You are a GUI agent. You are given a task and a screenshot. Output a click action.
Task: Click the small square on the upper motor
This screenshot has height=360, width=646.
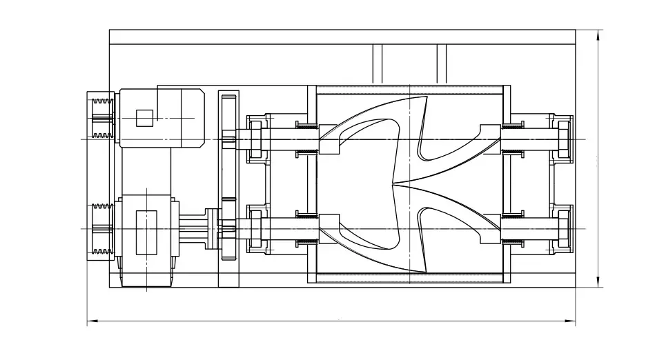(x=144, y=119)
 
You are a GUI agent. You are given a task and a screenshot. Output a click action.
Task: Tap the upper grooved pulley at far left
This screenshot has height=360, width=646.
(x=101, y=118)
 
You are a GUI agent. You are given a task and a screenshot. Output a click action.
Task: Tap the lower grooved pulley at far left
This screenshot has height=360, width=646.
(x=101, y=230)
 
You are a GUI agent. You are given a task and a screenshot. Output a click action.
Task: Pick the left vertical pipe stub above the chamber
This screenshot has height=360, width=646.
(x=378, y=64)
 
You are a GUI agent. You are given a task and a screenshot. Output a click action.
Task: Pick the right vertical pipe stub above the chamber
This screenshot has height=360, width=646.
(x=442, y=64)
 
